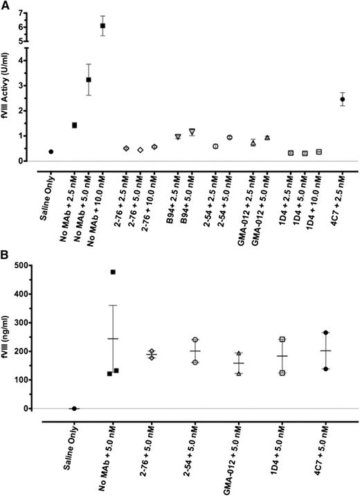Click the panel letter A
coord(6,6)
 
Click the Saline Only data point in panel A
coord(51,151)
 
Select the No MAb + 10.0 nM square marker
coord(102,26)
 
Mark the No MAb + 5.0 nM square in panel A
coord(89,80)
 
